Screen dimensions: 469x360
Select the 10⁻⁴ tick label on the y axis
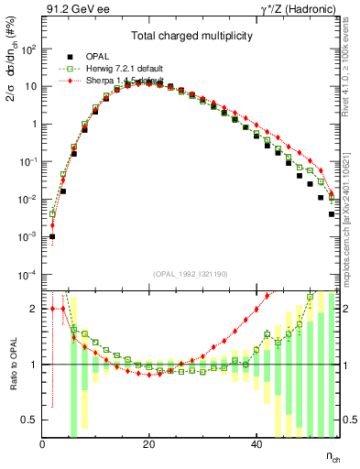(x=28, y=275)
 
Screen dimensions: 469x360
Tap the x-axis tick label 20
(x=148, y=443)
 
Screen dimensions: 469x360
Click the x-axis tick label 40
(x=254, y=443)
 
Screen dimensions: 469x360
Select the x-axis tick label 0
(x=43, y=443)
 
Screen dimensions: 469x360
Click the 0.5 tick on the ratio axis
(x=30, y=420)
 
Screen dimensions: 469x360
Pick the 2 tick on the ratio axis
(x=34, y=309)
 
